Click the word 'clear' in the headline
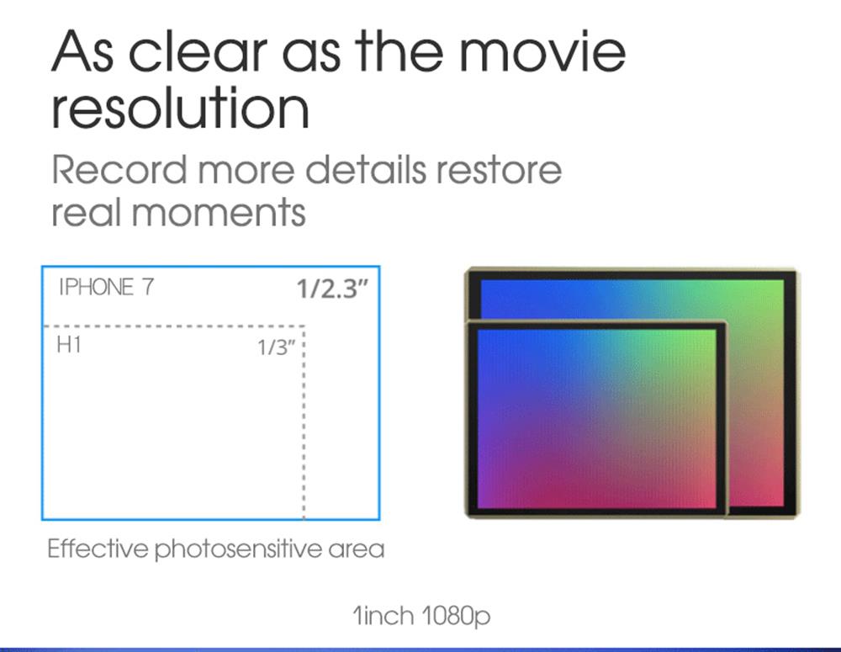(198, 51)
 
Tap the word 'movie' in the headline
(542, 51)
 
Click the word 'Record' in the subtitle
(119, 170)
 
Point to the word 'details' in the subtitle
(366, 170)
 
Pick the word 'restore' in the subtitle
(499, 171)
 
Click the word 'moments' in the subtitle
(219, 213)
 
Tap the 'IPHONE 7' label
(106, 287)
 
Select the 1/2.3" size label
(333, 289)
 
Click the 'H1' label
(69, 345)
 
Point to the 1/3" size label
(277, 347)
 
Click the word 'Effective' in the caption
(98, 549)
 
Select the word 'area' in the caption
(357, 550)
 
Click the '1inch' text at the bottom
(383, 616)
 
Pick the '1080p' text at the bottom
(456, 617)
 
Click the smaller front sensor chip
(596, 419)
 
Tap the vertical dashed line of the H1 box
(304, 422)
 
